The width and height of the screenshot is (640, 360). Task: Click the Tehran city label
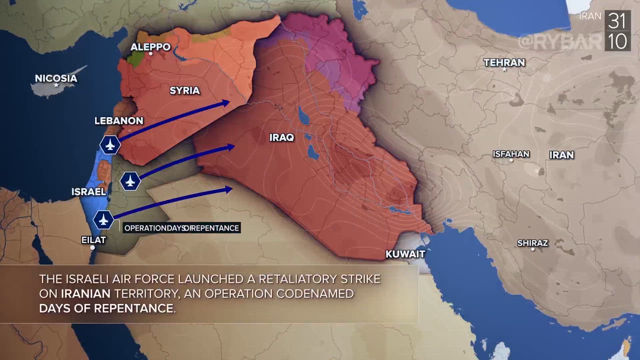pos(504,62)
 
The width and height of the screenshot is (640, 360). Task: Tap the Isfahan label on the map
pos(510,154)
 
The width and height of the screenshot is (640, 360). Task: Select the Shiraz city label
pos(532,243)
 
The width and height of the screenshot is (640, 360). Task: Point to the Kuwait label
pos(405,254)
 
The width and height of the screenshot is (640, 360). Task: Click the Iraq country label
pos(281,137)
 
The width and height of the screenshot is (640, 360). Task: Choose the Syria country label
pos(184,90)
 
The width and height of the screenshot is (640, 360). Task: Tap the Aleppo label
pos(150,47)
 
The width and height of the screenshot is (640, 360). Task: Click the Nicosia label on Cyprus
pos(56,78)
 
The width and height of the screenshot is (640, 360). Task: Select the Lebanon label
pos(119,120)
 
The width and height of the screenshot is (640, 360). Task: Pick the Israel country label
pos(88,191)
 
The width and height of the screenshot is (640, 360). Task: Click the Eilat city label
pos(93,240)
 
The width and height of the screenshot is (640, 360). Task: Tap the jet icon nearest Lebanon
pos(110,144)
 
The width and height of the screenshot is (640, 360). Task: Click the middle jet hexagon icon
pos(130,180)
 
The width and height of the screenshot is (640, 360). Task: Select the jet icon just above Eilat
pos(103,219)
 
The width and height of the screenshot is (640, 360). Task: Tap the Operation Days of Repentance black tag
pos(181,228)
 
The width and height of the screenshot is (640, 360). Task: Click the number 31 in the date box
pos(617,21)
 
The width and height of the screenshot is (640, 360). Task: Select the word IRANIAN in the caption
pos(85,293)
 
